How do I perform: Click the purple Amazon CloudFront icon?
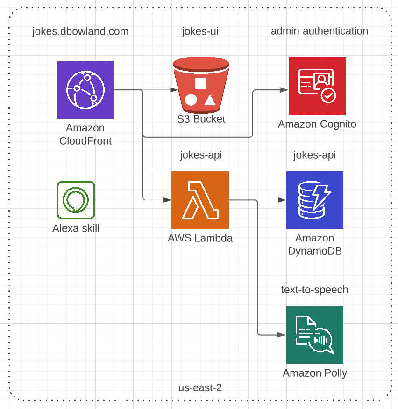coord(85,90)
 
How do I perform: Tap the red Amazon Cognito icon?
coord(317,86)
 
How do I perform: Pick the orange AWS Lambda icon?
coord(200,200)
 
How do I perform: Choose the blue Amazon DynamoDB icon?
coord(315,200)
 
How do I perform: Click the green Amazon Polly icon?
coord(315,335)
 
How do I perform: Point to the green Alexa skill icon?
coord(76,200)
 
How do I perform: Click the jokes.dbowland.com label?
coord(80,32)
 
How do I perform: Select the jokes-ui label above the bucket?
coord(200,32)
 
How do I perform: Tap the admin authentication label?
coord(320,31)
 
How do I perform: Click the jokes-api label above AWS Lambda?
coord(201,155)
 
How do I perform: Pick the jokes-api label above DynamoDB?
coord(315,155)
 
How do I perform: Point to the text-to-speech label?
coord(314,290)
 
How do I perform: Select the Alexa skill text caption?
coord(76,229)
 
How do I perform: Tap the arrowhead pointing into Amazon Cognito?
coord(284,89)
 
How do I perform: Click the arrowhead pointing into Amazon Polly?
coord(282,335)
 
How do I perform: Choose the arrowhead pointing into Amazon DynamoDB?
coord(282,200)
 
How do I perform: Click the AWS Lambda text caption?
coord(200,238)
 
